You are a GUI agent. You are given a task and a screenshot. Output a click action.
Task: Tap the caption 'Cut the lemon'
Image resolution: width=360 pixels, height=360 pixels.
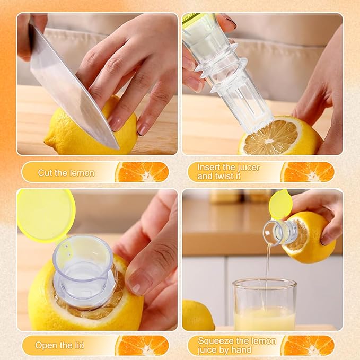tap(66, 173)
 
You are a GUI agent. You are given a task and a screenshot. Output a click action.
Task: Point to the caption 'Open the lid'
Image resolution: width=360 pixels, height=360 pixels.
tap(60, 345)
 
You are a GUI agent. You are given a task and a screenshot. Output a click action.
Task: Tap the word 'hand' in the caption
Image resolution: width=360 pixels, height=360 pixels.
tap(241, 350)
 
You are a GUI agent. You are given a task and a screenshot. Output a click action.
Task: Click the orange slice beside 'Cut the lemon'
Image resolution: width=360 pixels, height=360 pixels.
tap(142, 172)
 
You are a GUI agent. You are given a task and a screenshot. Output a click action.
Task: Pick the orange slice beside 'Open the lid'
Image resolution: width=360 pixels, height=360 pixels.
tap(142, 346)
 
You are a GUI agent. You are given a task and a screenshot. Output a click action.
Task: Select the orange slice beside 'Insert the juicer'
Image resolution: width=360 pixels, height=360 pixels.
tap(307, 172)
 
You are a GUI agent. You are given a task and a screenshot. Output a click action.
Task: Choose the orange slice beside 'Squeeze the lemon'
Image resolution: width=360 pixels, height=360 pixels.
tap(307, 346)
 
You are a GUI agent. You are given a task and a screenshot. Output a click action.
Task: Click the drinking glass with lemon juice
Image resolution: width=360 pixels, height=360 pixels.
tap(265, 304)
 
